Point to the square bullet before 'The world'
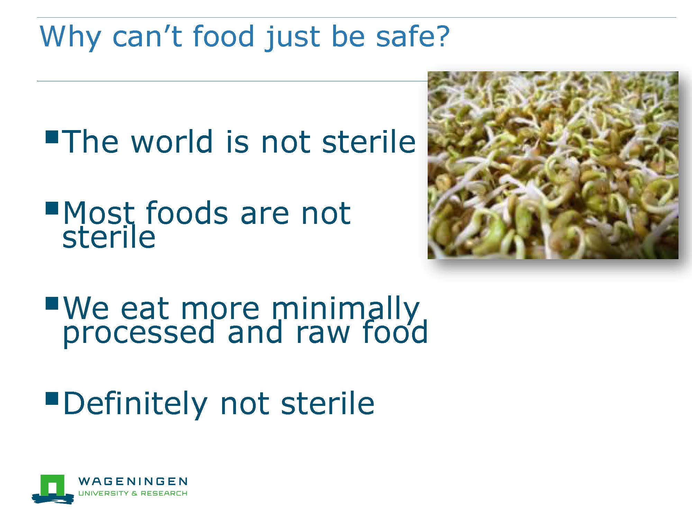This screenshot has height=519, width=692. [52, 137]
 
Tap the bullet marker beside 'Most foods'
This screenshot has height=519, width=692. [52, 209]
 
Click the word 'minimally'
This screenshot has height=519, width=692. [345, 309]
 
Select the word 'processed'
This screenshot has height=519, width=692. [139, 333]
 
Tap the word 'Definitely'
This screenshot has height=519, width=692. [135, 403]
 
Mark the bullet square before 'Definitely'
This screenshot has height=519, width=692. [52, 399]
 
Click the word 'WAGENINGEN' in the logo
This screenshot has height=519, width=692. [133, 481]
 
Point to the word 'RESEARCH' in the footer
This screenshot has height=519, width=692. [164, 493]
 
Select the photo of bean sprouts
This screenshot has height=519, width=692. [553, 165]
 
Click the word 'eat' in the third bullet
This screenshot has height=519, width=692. [145, 309]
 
